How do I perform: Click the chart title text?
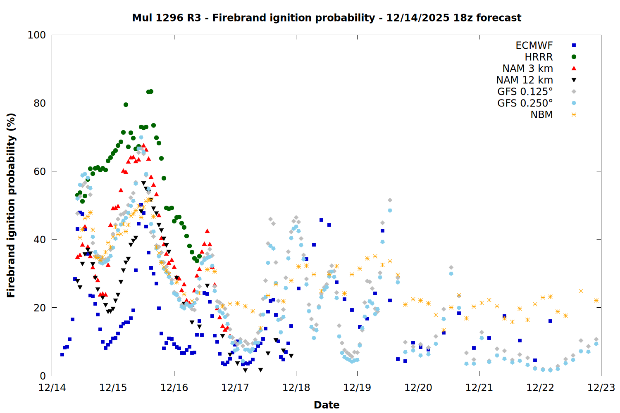327,18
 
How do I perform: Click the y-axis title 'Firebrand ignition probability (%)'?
11,205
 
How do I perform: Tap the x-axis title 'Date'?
327,405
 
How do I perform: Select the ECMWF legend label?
534,45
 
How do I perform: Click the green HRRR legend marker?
574,57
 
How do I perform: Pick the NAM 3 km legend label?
527,69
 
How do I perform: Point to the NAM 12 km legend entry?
525,80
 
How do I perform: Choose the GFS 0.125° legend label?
525,92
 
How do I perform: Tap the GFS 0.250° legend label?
525,103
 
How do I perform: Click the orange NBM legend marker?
574,115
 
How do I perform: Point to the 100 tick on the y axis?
37,35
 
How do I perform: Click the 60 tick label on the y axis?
40,171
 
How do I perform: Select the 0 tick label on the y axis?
43,376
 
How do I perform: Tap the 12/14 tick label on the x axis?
52,388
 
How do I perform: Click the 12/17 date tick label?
235,388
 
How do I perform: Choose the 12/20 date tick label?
418,388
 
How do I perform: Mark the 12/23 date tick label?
601,388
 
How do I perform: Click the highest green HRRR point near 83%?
151,91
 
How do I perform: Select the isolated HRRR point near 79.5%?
126,104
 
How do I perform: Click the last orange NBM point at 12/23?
596,300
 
